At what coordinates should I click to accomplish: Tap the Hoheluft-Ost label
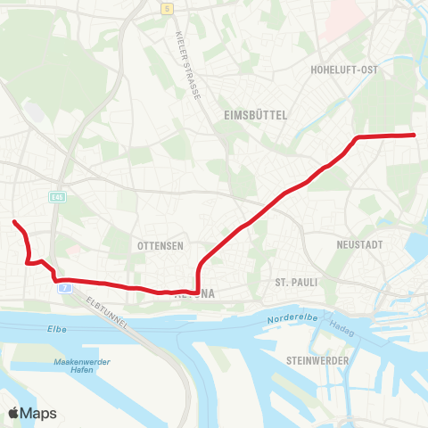(344, 69)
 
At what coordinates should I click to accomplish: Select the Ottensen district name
(160, 245)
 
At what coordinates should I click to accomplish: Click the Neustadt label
(359, 243)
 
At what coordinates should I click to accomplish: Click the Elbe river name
(57, 329)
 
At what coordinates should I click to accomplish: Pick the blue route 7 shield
(64, 288)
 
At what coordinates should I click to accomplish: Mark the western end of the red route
(13, 221)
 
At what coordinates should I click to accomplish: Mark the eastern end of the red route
(416, 135)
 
